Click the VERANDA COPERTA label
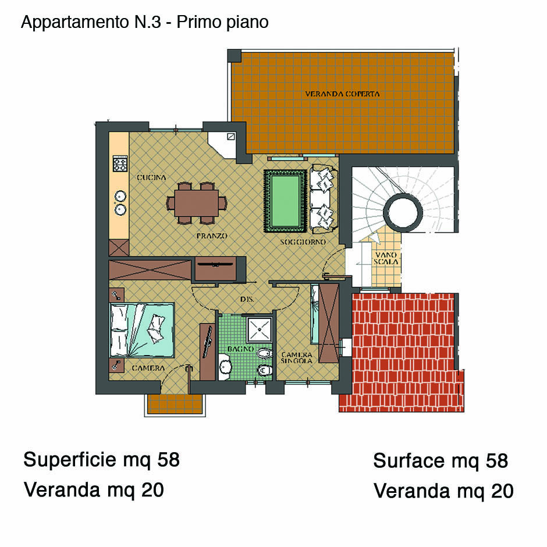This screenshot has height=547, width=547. (342, 94)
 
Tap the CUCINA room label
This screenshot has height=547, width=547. (151, 177)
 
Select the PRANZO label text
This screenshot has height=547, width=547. (212, 236)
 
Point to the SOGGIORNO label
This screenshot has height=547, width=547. (303, 241)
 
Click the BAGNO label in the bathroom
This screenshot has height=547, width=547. (240, 349)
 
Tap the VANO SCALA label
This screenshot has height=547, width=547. (385, 258)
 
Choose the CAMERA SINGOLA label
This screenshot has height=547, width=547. (297, 357)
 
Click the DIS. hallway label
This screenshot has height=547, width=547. (247, 299)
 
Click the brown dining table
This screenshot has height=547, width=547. (197, 203)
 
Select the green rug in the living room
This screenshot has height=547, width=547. (285, 201)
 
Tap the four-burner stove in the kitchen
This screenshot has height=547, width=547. (120, 164)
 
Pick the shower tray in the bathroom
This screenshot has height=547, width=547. (260, 330)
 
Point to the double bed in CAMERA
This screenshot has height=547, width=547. (142, 330)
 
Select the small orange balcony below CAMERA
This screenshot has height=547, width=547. (175, 404)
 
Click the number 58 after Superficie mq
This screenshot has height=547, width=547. (169, 460)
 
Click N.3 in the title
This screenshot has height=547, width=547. (147, 22)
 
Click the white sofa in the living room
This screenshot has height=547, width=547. (324, 199)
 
